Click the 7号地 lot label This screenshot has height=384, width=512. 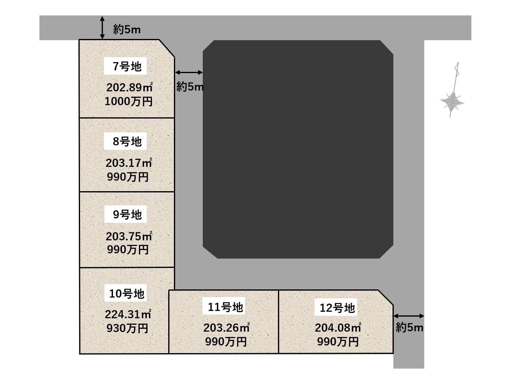[127, 66]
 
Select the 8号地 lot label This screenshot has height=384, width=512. [127, 142]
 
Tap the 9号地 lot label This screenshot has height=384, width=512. [127, 214]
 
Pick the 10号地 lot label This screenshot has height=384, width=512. [127, 293]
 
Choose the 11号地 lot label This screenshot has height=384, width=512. [225, 307]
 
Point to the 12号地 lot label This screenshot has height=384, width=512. [337, 308]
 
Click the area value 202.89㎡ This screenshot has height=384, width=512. [129, 87]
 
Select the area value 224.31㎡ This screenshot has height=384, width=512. [128, 314]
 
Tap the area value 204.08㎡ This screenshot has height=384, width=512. [338, 328]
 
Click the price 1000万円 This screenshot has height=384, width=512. [128, 101]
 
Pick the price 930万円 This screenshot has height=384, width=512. [127, 328]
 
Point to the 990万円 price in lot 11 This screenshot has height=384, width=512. [226, 342]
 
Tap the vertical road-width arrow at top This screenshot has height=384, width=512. [102, 28]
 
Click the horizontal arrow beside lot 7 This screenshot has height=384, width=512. [189, 72]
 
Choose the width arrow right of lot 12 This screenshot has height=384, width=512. [409, 316]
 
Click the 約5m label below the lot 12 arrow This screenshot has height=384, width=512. [410, 328]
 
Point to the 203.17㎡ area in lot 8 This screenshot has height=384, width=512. [128, 163]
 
